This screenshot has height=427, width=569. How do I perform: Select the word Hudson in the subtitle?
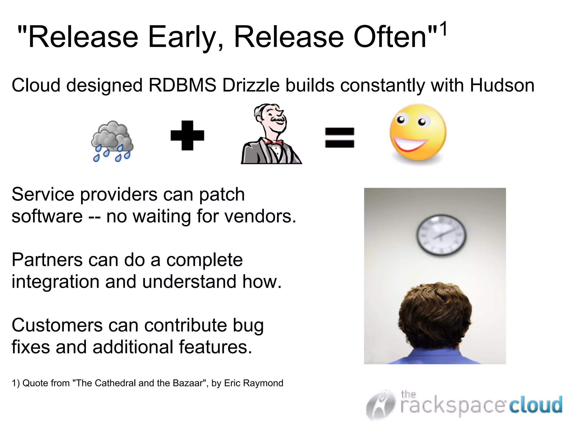click(502, 85)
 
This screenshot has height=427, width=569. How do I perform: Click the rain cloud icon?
click(112, 141)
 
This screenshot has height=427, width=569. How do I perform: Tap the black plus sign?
click(187, 135)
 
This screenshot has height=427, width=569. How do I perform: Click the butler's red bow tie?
click(274, 142)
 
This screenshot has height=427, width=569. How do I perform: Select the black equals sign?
click(340, 137)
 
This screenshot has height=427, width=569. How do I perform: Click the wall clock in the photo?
click(441, 235)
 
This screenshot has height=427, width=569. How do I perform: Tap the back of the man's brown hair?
click(435, 314)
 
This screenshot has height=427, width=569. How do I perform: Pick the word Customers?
click(57, 325)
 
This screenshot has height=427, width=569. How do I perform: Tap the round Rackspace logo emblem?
click(381, 405)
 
